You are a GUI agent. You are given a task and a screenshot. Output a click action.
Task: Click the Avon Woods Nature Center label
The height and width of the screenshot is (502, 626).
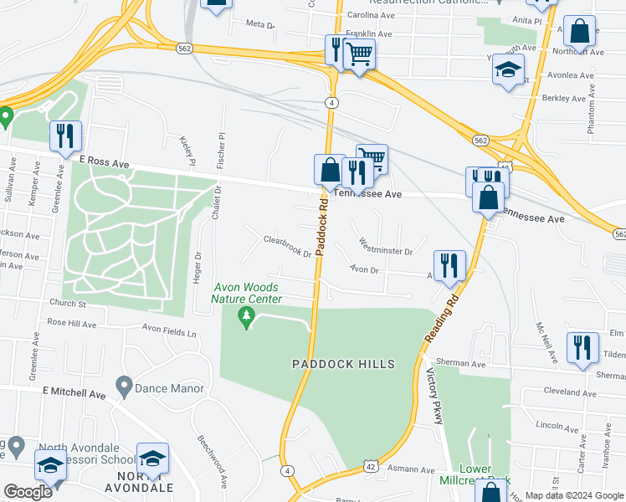tap(246, 293)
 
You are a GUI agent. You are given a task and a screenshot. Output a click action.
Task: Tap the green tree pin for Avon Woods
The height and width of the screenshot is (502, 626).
tap(246, 318)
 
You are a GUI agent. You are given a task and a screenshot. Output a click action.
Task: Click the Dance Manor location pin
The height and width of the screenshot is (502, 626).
tap(124, 388)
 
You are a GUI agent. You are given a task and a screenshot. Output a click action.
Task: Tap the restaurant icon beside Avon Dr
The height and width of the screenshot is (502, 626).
tap(449, 265)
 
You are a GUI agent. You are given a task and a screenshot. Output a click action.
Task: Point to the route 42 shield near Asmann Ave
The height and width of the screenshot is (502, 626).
tap(369, 464)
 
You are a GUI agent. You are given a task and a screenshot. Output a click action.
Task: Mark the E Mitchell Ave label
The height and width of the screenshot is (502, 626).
tap(74, 392)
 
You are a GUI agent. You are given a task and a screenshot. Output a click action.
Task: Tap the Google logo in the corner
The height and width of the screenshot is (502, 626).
tap(28, 491)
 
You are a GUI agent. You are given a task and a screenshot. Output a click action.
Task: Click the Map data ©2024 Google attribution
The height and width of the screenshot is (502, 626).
tap(573, 495)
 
